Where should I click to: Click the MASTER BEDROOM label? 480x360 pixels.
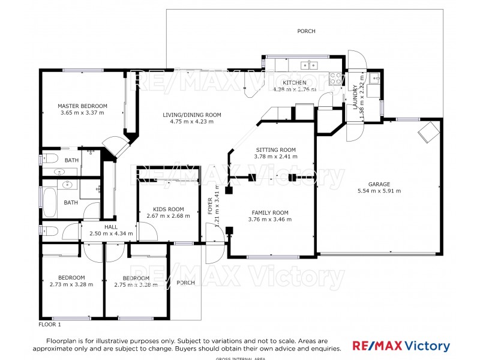coord(82,106)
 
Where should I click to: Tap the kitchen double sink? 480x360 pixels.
coord(309,64)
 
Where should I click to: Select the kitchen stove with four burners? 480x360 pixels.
coord(336,77)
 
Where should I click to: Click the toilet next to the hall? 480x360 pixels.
coord(49,230)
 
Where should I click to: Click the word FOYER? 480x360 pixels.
coord(211,204)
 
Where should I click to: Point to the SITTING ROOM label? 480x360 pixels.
coord(276,150)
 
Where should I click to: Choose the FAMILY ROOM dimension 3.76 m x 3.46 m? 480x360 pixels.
coord(269,220)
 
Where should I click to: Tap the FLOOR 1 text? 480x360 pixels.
coord(50,324)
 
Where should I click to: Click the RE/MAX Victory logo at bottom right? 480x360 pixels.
coord(401,346)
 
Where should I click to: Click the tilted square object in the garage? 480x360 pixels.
coord(428,131)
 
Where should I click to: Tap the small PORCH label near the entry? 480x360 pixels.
coord(186,283)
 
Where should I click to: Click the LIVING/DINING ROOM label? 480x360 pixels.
coord(192,115)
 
